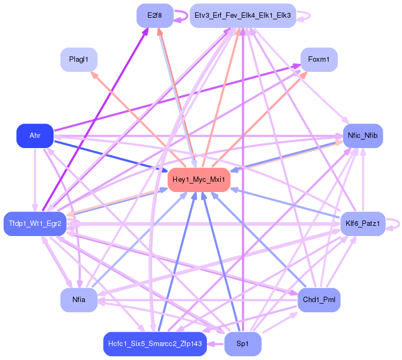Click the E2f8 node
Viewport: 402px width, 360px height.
tap(155, 16)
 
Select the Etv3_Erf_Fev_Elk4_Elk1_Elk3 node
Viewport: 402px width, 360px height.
tap(243, 16)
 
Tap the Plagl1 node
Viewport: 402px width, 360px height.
tap(79, 60)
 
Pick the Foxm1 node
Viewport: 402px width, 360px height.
tap(319, 60)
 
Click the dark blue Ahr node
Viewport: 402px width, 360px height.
tap(35, 136)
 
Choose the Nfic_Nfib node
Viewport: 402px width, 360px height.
tap(363, 136)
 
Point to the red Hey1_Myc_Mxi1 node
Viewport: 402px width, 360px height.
tap(199, 180)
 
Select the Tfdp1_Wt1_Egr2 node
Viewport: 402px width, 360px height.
tap(35, 224)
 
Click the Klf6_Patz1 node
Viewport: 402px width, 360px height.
tap(363, 224)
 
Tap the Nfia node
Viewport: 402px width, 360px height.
tap(79, 300)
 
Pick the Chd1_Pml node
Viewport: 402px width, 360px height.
tap(319, 300)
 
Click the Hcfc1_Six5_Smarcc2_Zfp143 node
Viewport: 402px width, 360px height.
tap(155, 344)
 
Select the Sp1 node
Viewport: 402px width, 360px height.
tap(243, 344)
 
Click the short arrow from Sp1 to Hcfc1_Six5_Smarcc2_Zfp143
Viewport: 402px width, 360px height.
tap(215, 344)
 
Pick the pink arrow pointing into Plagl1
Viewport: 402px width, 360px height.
tap(138, 120)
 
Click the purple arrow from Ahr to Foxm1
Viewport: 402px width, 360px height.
tap(177, 98)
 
